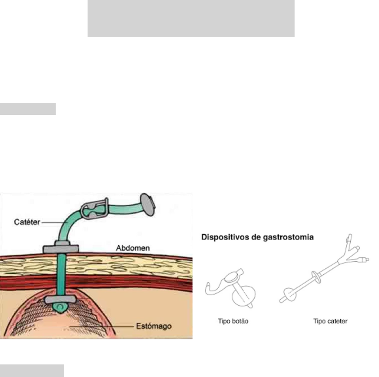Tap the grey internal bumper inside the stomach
62,299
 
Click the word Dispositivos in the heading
225,237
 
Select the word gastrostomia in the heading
291,237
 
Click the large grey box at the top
190,18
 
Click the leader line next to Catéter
53,220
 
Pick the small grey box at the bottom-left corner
32,371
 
